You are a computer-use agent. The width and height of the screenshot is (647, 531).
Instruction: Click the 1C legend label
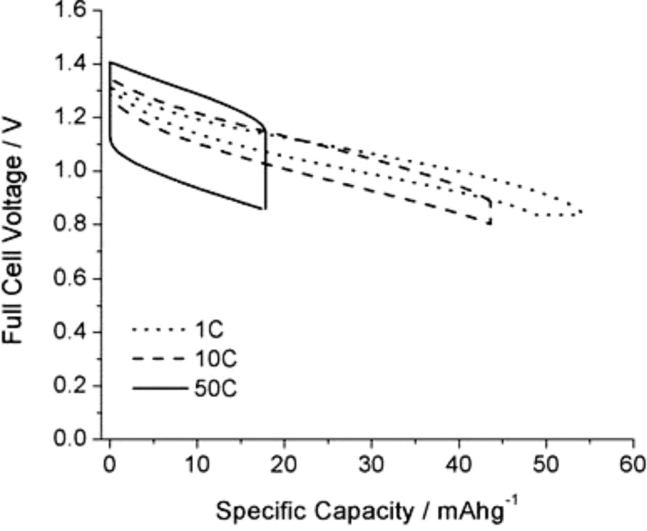point(208,330)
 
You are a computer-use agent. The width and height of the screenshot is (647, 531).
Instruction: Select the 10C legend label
point(215,360)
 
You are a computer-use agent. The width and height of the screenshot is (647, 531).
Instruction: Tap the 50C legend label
point(215,389)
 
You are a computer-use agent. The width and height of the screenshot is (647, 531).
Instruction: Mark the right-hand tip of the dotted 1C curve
point(582,212)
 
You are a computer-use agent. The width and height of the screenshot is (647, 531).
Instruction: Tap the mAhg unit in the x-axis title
point(468,512)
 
